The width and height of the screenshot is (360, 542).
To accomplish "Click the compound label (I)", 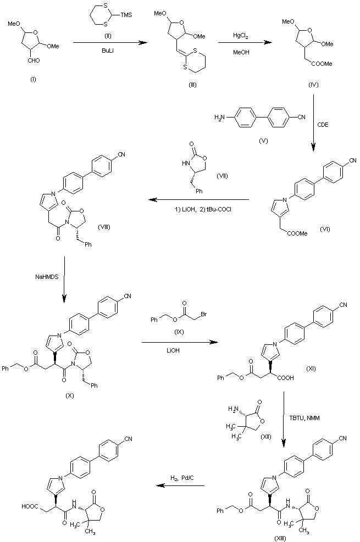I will point(34,80).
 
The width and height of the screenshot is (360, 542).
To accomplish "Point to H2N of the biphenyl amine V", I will point(220,116).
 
